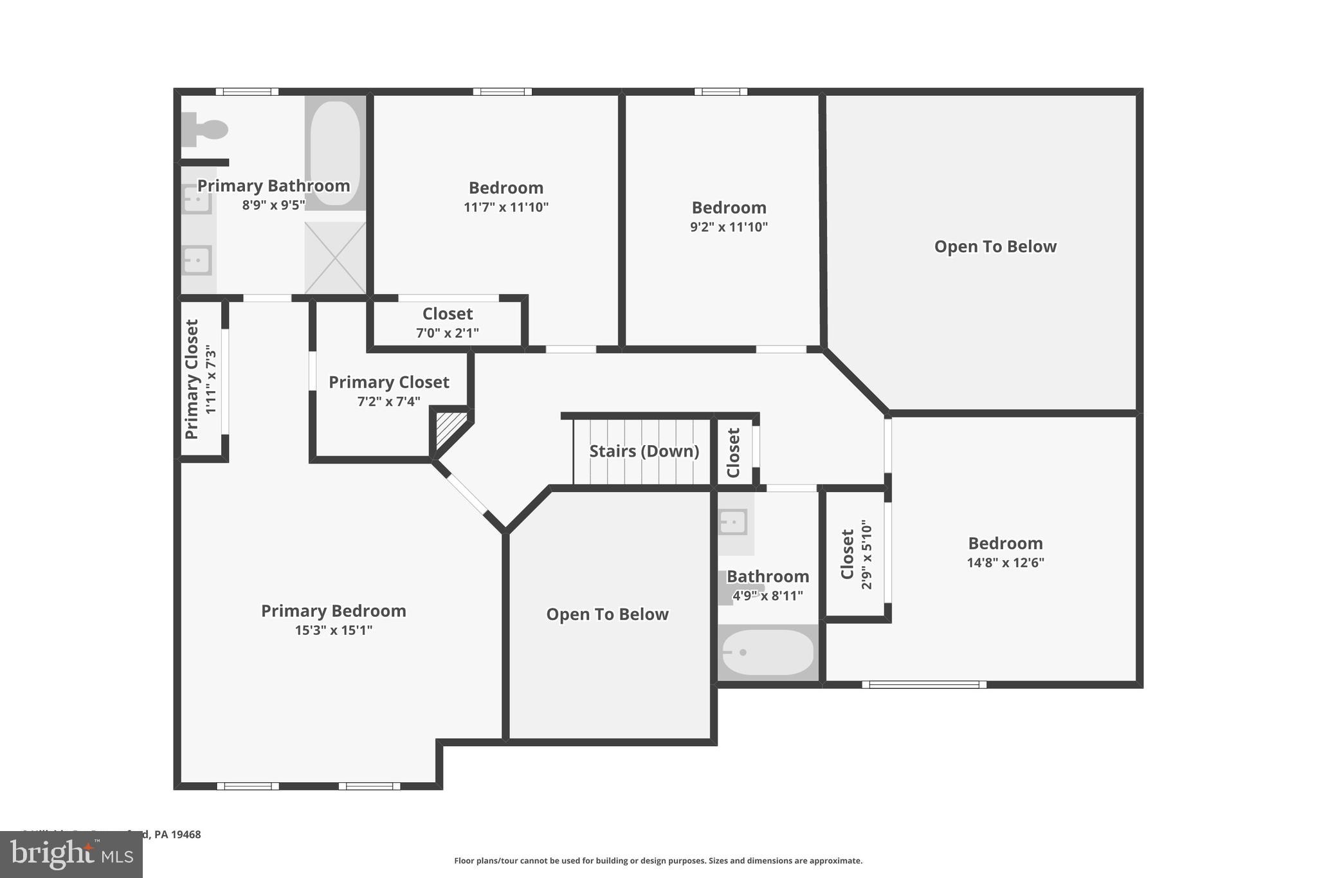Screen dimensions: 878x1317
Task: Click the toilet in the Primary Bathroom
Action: tap(204, 130)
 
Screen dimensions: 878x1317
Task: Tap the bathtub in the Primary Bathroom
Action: tap(335, 153)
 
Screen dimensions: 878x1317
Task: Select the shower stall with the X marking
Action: tap(335, 258)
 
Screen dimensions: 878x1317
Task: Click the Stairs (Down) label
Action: tap(644, 451)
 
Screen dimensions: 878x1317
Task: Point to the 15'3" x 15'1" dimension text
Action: tap(333, 630)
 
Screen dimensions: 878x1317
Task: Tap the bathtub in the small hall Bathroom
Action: tap(768, 652)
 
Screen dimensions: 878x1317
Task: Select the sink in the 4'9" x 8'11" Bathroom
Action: tap(733, 522)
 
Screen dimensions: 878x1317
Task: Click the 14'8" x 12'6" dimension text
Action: tap(1005, 563)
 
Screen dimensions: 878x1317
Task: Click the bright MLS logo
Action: tap(71, 854)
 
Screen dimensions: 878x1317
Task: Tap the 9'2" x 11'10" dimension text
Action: tap(729, 227)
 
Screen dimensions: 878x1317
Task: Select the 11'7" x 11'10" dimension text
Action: tap(505, 207)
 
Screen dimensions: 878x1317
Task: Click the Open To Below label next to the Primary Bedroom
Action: tap(607, 614)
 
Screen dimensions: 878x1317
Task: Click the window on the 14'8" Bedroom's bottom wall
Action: tap(923, 684)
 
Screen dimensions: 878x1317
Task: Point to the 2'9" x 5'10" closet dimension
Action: tap(866, 554)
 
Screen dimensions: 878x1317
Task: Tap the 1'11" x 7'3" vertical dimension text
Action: tap(211, 380)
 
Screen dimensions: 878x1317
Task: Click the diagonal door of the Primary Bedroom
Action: tap(466, 494)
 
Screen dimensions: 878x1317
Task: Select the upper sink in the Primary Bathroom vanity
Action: tap(197, 199)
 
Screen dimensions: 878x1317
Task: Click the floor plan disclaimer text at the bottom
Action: tap(658, 861)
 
